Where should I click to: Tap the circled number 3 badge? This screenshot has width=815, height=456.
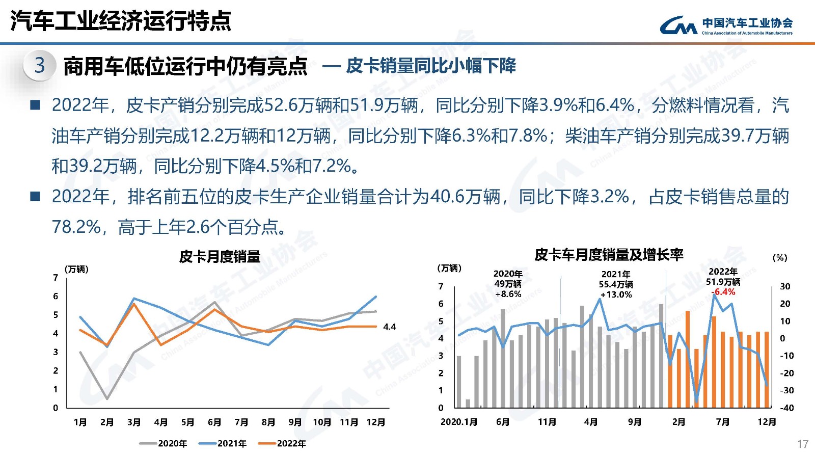point(39,65)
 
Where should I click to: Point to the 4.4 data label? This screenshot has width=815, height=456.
point(389,327)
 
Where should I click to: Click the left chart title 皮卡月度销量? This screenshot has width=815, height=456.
point(220,256)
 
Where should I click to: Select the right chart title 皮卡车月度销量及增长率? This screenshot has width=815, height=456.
point(609,254)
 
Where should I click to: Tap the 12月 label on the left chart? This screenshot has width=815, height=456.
point(376,422)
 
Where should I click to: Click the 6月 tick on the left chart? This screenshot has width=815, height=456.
point(214,422)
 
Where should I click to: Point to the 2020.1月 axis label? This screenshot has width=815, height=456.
point(459,422)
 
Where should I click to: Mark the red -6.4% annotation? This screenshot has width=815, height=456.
point(723,292)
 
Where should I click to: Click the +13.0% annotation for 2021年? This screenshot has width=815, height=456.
point(616,294)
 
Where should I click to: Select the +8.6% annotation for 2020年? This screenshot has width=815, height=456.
point(508,294)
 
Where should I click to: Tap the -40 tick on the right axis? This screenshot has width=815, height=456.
point(787,408)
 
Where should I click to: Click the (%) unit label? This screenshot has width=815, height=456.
point(780,258)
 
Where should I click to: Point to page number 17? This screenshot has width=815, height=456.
point(802,444)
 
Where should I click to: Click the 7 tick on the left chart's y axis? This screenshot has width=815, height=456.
point(56,278)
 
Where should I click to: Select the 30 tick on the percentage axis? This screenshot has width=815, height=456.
point(785,286)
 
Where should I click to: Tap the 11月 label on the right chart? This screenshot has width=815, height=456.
point(547,422)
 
